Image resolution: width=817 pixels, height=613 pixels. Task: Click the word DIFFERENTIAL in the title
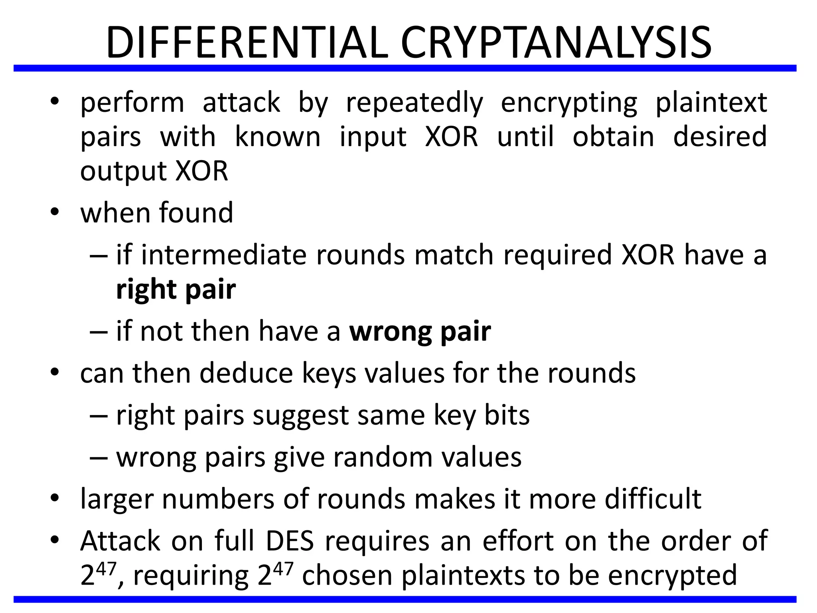(247, 42)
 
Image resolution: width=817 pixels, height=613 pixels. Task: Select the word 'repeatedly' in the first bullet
(414, 103)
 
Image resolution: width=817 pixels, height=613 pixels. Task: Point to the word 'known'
(278, 137)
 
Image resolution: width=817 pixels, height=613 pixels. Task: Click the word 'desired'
(720, 137)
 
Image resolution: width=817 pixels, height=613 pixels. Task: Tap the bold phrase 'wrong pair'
(420, 331)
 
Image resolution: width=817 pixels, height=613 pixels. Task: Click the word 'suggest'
(301, 415)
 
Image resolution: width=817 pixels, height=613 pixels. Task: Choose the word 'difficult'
(653, 499)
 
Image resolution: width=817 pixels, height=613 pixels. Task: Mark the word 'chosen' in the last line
(347, 575)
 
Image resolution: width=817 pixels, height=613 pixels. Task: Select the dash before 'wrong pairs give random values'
(99, 458)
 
